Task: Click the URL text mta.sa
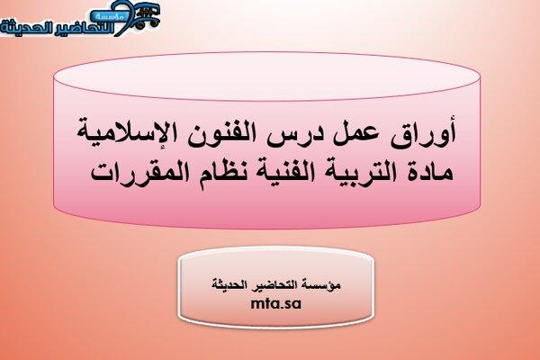[x=276, y=303]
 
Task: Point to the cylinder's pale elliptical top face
[x=267, y=76]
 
